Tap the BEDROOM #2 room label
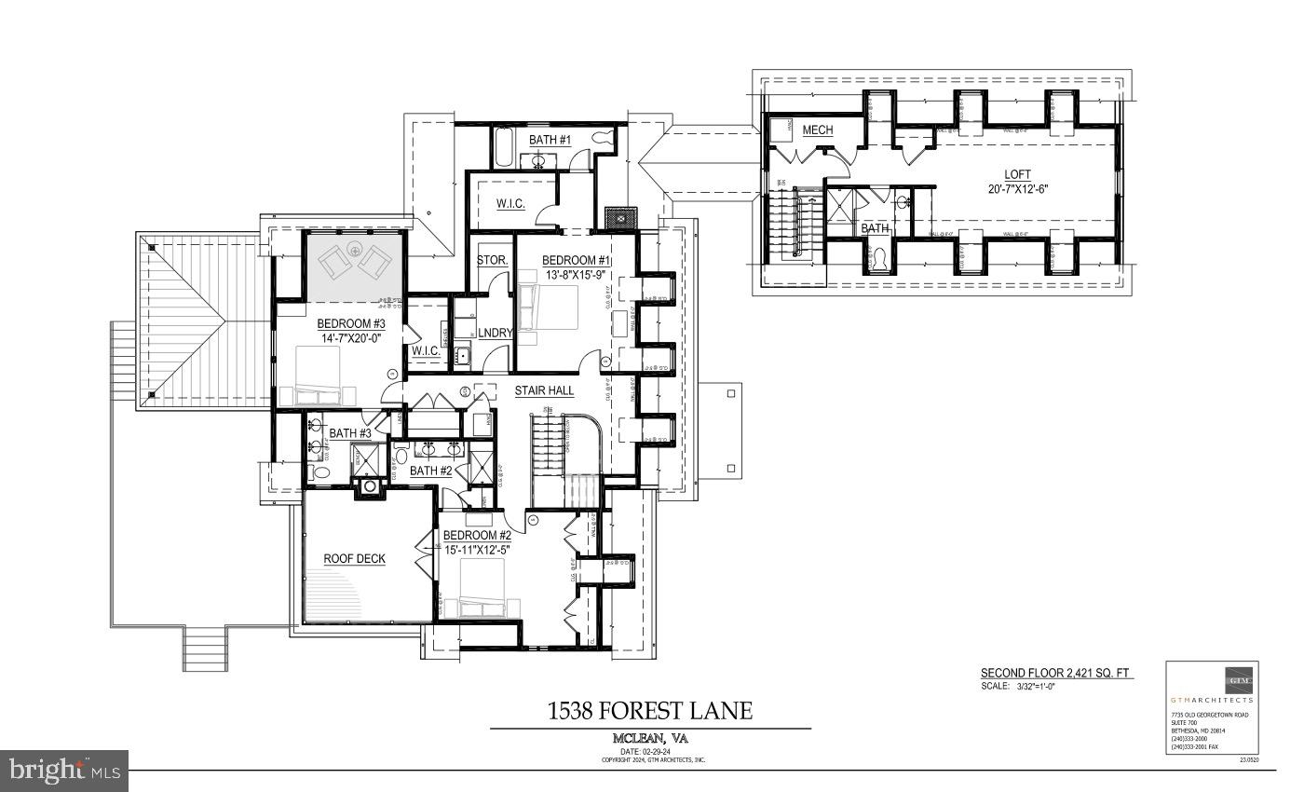tap(477, 536)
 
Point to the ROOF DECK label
tap(354, 559)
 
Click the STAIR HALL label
tap(545, 390)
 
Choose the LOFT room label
tap(1018, 174)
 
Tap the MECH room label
tap(818, 130)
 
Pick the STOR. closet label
tap(491, 260)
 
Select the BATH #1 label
tap(550, 140)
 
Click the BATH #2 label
tap(430, 471)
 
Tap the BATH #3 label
tap(350, 433)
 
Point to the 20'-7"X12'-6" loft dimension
tap(1018, 190)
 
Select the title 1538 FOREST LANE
tap(650, 712)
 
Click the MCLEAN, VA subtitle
tap(650, 738)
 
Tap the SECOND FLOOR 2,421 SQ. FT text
tap(1056, 673)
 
